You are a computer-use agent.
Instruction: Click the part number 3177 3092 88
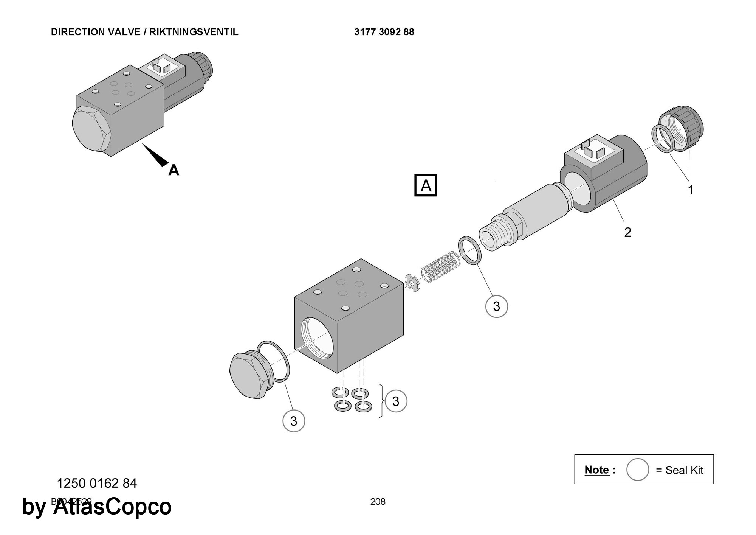click(x=384, y=32)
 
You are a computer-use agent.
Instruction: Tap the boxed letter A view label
click(x=426, y=185)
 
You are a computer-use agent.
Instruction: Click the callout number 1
click(x=691, y=190)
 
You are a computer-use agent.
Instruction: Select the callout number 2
click(x=627, y=232)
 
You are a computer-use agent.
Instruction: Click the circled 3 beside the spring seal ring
click(x=496, y=306)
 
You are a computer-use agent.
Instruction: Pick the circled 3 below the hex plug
click(x=294, y=421)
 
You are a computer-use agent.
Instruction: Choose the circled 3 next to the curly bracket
click(x=396, y=401)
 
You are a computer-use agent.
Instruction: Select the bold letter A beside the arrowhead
click(x=174, y=170)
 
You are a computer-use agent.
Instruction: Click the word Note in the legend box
click(x=597, y=470)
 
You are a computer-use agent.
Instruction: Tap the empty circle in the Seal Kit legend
click(x=637, y=470)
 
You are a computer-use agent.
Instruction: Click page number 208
click(x=378, y=502)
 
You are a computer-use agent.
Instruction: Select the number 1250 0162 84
click(x=97, y=483)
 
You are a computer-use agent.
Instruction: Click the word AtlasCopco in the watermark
click(x=112, y=507)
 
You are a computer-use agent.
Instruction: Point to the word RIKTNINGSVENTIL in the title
click(x=194, y=32)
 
